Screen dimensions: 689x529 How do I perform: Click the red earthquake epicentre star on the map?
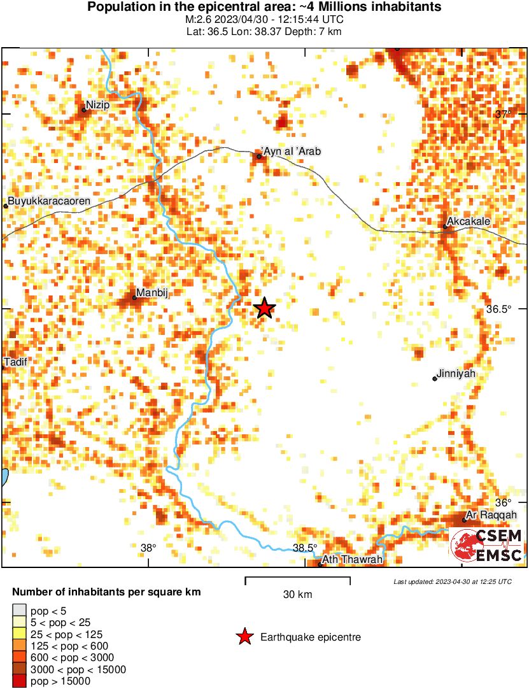(265, 308)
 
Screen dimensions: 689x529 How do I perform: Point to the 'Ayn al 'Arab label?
(291, 152)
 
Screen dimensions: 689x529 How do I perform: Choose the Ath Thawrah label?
(353, 560)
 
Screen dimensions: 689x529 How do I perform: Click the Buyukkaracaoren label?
(50, 201)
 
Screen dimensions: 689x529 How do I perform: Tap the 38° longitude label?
(148, 548)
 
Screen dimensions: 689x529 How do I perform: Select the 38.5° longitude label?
(305, 548)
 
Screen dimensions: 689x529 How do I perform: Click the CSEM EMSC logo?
(486, 546)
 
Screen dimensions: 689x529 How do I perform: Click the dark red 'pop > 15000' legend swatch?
(20, 681)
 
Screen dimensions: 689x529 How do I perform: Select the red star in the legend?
(244, 637)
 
